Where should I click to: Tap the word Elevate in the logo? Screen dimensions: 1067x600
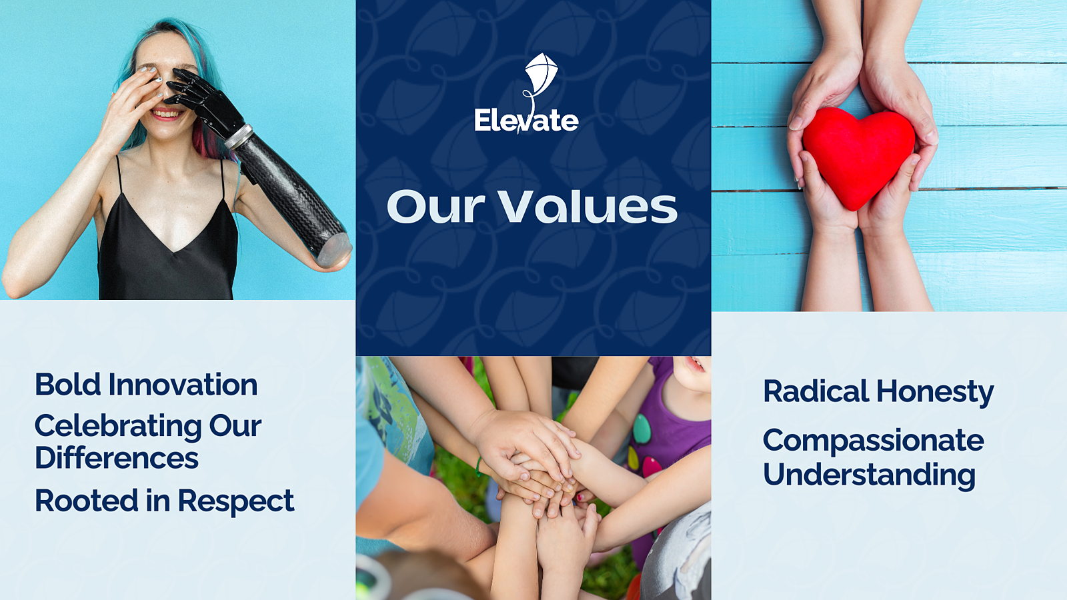click(526, 121)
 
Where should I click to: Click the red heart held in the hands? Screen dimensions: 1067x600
click(858, 157)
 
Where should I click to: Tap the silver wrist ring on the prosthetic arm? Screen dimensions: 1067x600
click(238, 137)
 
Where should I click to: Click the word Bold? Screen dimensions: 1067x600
click(67, 384)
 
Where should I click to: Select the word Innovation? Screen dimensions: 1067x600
click(183, 384)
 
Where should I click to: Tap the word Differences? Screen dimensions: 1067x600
click(117, 457)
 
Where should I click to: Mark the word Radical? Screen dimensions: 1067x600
click(816, 391)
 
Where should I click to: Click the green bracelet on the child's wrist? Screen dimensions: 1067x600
click(477, 467)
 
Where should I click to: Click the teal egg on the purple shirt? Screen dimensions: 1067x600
click(642, 429)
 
